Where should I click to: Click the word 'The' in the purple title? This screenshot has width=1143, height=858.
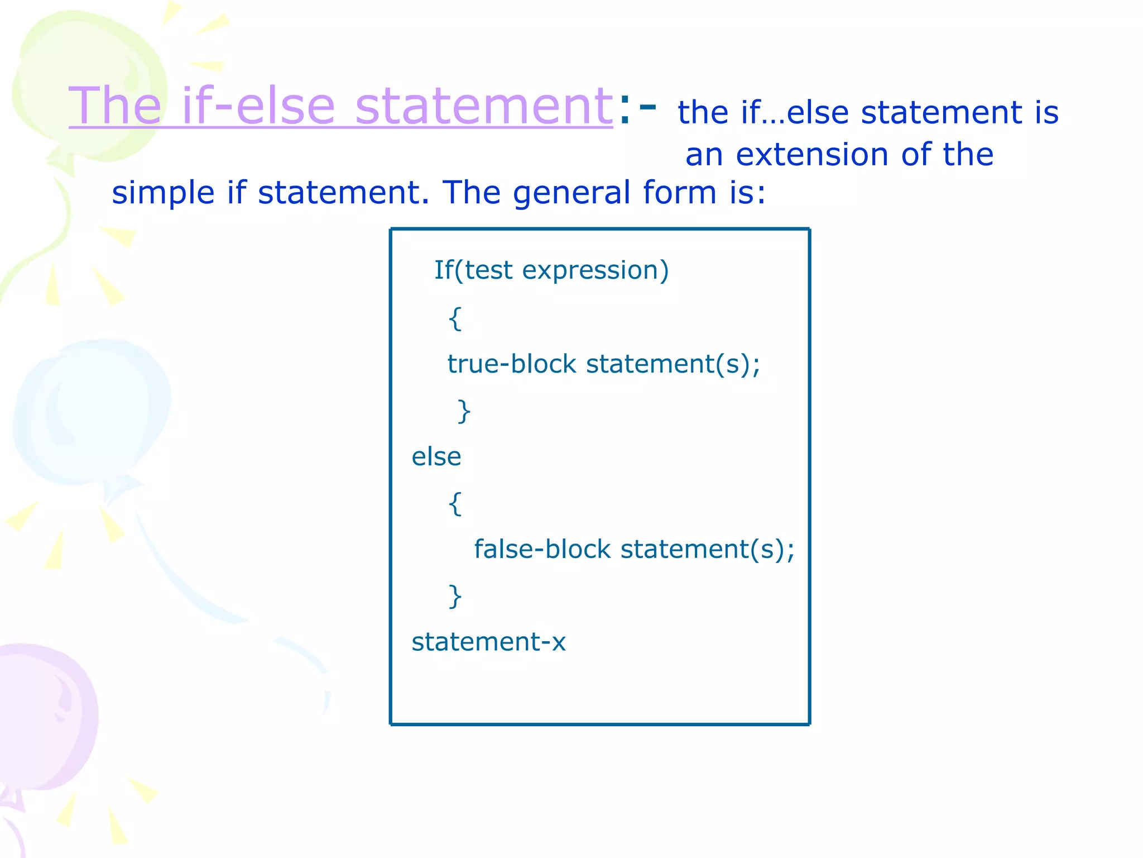point(115,106)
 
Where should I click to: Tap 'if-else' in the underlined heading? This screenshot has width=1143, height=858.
point(258,106)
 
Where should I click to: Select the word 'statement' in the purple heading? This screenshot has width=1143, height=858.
point(483,106)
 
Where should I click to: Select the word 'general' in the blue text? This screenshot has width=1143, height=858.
point(571,193)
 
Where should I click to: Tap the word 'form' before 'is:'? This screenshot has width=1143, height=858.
point(679,193)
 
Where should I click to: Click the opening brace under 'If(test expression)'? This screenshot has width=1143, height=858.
point(455,318)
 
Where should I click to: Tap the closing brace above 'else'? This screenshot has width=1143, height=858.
point(464,411)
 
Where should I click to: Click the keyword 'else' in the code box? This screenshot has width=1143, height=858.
point(436,457)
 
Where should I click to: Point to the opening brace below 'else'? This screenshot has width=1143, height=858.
point(455,503)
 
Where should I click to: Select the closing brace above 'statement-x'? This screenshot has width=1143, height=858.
point(455,596)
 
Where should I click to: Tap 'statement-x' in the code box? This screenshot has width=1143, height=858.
point(488,642)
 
